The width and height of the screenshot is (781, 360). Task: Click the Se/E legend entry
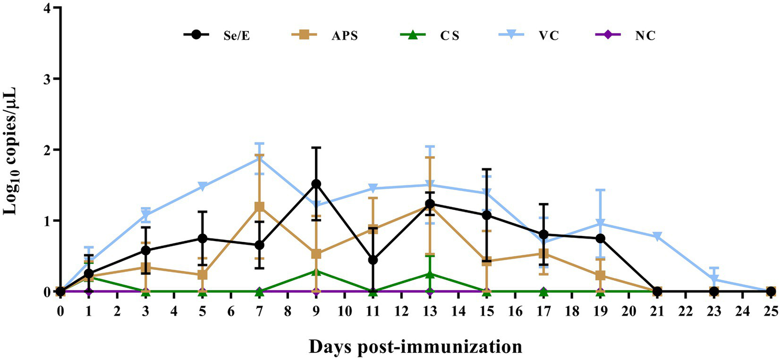point(209,35)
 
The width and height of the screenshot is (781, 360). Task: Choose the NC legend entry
point(631,35)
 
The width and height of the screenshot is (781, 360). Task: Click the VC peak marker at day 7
point(259,159)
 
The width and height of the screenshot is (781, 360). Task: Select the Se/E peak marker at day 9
point(316,184)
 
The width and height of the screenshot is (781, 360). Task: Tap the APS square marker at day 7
point(259,207)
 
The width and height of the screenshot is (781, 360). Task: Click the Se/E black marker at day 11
point(373,260)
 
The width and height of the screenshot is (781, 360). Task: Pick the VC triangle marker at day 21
point(657,236)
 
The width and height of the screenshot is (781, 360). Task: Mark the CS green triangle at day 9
point(316,271)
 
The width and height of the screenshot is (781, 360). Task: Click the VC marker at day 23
point(714,280)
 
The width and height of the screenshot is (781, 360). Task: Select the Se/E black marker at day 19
point(600,238)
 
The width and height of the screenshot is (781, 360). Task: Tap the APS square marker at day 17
point(543,254)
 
